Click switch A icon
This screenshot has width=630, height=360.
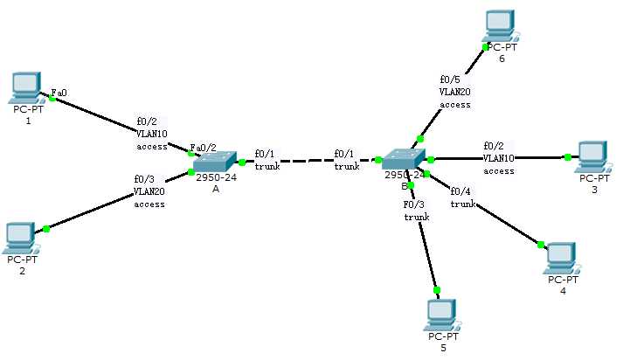[x=215, y=162]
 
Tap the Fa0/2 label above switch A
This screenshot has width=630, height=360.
[x=203, y=148]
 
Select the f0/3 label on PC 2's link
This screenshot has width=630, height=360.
[x=144, y=178]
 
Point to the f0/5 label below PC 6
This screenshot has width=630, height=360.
[x=450, y=79]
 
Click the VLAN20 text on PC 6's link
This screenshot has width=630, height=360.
[x=455, y=91]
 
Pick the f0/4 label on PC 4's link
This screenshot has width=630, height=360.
[x=460, y=191]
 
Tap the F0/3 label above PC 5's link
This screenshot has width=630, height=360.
[x=414, y=204]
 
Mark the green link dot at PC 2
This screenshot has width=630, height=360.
[x=46, y=229]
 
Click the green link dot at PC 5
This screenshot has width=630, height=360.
[x=437, y=290]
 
